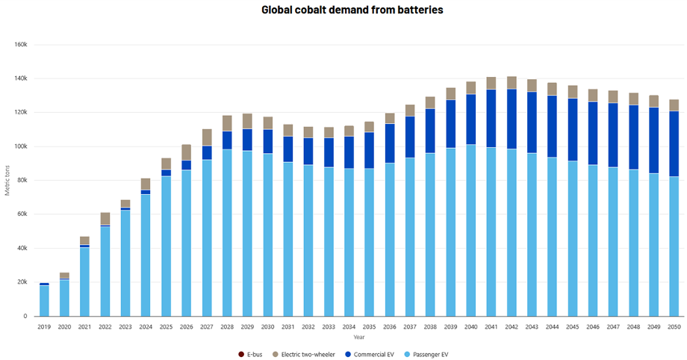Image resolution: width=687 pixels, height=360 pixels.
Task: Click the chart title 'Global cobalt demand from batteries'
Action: pyautogui.click(x=352, y=10)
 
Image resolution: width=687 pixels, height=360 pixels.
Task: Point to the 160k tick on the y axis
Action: pyautogui.click(x=21, y=44)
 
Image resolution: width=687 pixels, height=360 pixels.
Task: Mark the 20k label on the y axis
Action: pyautogui.click(x=22, y=282)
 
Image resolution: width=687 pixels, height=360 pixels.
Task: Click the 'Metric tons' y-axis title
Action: pyautogui.click(x=7, y=180)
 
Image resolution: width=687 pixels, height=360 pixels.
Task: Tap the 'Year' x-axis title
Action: pyautogui.click(x=360, y=336)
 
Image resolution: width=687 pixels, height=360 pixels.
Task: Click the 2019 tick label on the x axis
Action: pyautogui.click(x=44, y=326)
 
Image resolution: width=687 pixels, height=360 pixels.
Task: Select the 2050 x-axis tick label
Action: pyautogui.click(x=674, y=326)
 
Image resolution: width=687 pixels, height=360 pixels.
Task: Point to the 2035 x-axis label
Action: pyautogui.click(x=370, y=326)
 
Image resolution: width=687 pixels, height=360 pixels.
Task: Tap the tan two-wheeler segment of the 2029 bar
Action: pyautogui.click(x=247, y=122)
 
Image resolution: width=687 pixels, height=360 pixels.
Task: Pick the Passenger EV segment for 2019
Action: pyautogui.click(x=44, y=300)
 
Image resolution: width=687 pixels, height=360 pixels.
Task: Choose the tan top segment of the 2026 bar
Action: pyautogui.click(x=186, y=152)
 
